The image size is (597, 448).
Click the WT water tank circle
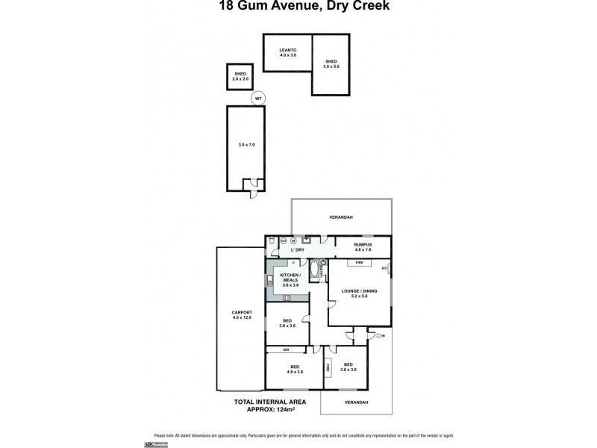pos(258,99)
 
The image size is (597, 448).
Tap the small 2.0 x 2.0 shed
pos(240,76)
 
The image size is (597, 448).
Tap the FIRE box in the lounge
pos(359,264)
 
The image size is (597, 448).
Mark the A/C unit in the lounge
pos(385,268)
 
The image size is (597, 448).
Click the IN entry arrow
pos(381,335)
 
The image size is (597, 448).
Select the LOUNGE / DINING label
pos(360,293)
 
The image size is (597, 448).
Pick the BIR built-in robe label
pos(286,349)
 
